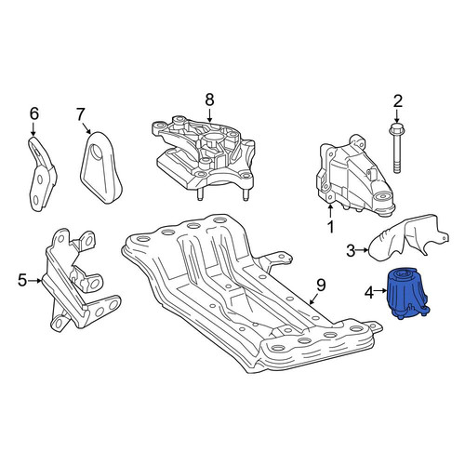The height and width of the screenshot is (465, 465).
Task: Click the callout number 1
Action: [x=331, y=227]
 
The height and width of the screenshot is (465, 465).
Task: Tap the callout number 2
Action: [x=398, y=101]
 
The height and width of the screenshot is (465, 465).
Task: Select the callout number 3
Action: [x=351, y=251]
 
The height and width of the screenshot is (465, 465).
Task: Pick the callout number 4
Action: [x=369, y=293]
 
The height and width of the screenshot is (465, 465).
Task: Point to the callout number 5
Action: [x=22, y=280]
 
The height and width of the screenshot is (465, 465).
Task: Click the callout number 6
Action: [x=34, y=113]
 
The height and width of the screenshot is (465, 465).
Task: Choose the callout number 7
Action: [x=80, y=114]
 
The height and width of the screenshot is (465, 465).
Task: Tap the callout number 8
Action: [x=209, y=100]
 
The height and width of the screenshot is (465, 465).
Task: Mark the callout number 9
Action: [x=321, y=285]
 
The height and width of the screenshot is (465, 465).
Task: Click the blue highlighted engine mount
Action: [x=407, y=292]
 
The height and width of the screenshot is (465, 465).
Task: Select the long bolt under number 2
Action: [x=397, y=148]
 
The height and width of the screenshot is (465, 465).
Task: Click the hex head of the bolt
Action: [x=397, y=127]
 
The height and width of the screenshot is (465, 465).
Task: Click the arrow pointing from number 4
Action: [x=381, y=291]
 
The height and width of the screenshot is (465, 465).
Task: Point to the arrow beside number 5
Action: [x=34, y=281]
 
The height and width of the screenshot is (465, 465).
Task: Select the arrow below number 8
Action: [x=209, y=114]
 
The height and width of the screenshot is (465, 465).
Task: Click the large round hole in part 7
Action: [x=99, y=153]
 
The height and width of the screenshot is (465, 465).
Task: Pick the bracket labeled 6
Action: [x=42, y=174]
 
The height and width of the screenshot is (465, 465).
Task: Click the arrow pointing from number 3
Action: [x=362, y=249]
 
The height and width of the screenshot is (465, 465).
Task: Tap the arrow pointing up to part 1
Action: [x=330, y=210]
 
